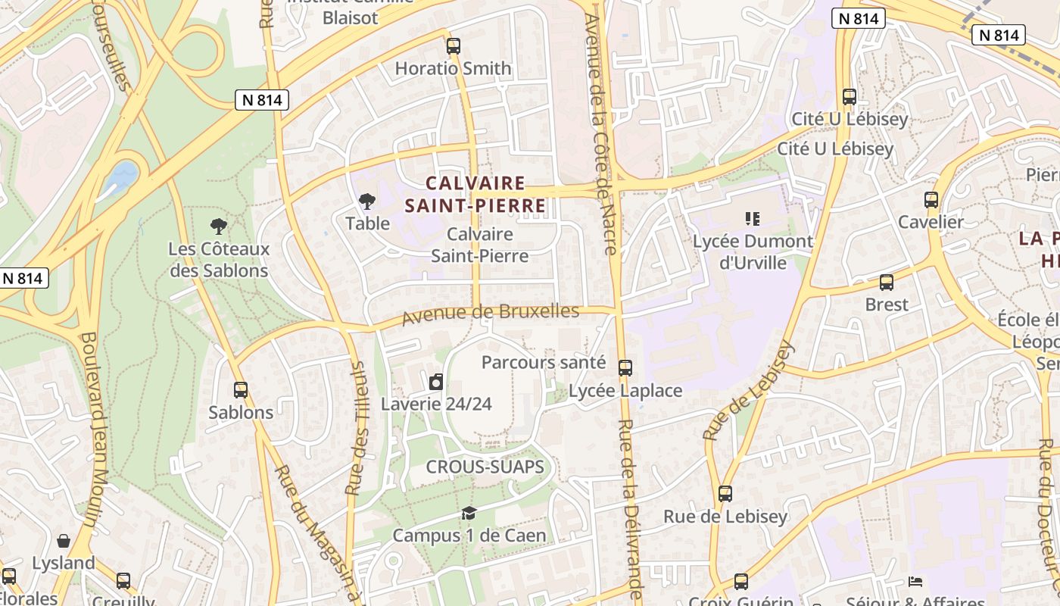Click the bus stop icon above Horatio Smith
[453, 46]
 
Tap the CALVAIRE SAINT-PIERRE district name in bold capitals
[475, 194]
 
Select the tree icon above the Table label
[367, 201]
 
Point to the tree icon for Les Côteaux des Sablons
[219, 226]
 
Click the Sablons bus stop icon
[241, 390]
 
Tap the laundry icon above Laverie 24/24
[436, 382]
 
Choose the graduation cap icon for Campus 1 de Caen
[469, 514]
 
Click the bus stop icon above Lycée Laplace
[625, 368]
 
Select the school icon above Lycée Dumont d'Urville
[753, 219]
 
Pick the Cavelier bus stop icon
[931, 200]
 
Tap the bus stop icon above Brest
[886, 283]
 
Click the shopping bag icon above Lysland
[64, 541]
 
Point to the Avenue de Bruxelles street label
[490, 313]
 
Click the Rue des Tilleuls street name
[356, 428]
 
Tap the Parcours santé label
[543, 362]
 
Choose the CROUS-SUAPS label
[485, 467]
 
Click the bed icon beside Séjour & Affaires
[915, 582]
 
